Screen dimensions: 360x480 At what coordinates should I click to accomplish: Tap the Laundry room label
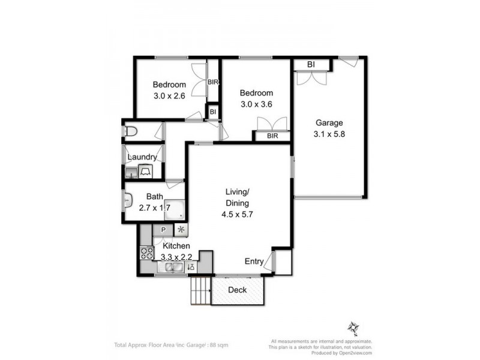tap(142, 157)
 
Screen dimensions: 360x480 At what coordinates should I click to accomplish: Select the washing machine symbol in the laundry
tap(146, 172)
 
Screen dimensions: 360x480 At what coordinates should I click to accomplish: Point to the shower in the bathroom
tap(175, 210)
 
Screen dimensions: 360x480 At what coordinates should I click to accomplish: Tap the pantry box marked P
tap(163, 230)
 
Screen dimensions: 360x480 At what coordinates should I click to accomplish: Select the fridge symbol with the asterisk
tap(181, 230)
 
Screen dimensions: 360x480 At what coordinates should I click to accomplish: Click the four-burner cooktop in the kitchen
tap(147, 253)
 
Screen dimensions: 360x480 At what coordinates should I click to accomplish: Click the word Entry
tap(253, 262)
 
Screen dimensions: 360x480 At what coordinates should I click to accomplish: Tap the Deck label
tap(238, 290)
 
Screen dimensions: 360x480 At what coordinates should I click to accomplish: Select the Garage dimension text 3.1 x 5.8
tap(329, 134)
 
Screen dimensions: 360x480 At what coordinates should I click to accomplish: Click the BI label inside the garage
tap(311, 64)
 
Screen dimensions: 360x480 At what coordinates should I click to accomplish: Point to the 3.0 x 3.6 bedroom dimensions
tap(256, 104)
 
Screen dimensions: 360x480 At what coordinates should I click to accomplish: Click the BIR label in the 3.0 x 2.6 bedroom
tap(213, 82)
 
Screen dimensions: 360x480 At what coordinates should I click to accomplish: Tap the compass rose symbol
tap(352, 328)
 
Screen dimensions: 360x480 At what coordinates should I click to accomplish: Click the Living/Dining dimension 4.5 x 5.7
tap(237, 214)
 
